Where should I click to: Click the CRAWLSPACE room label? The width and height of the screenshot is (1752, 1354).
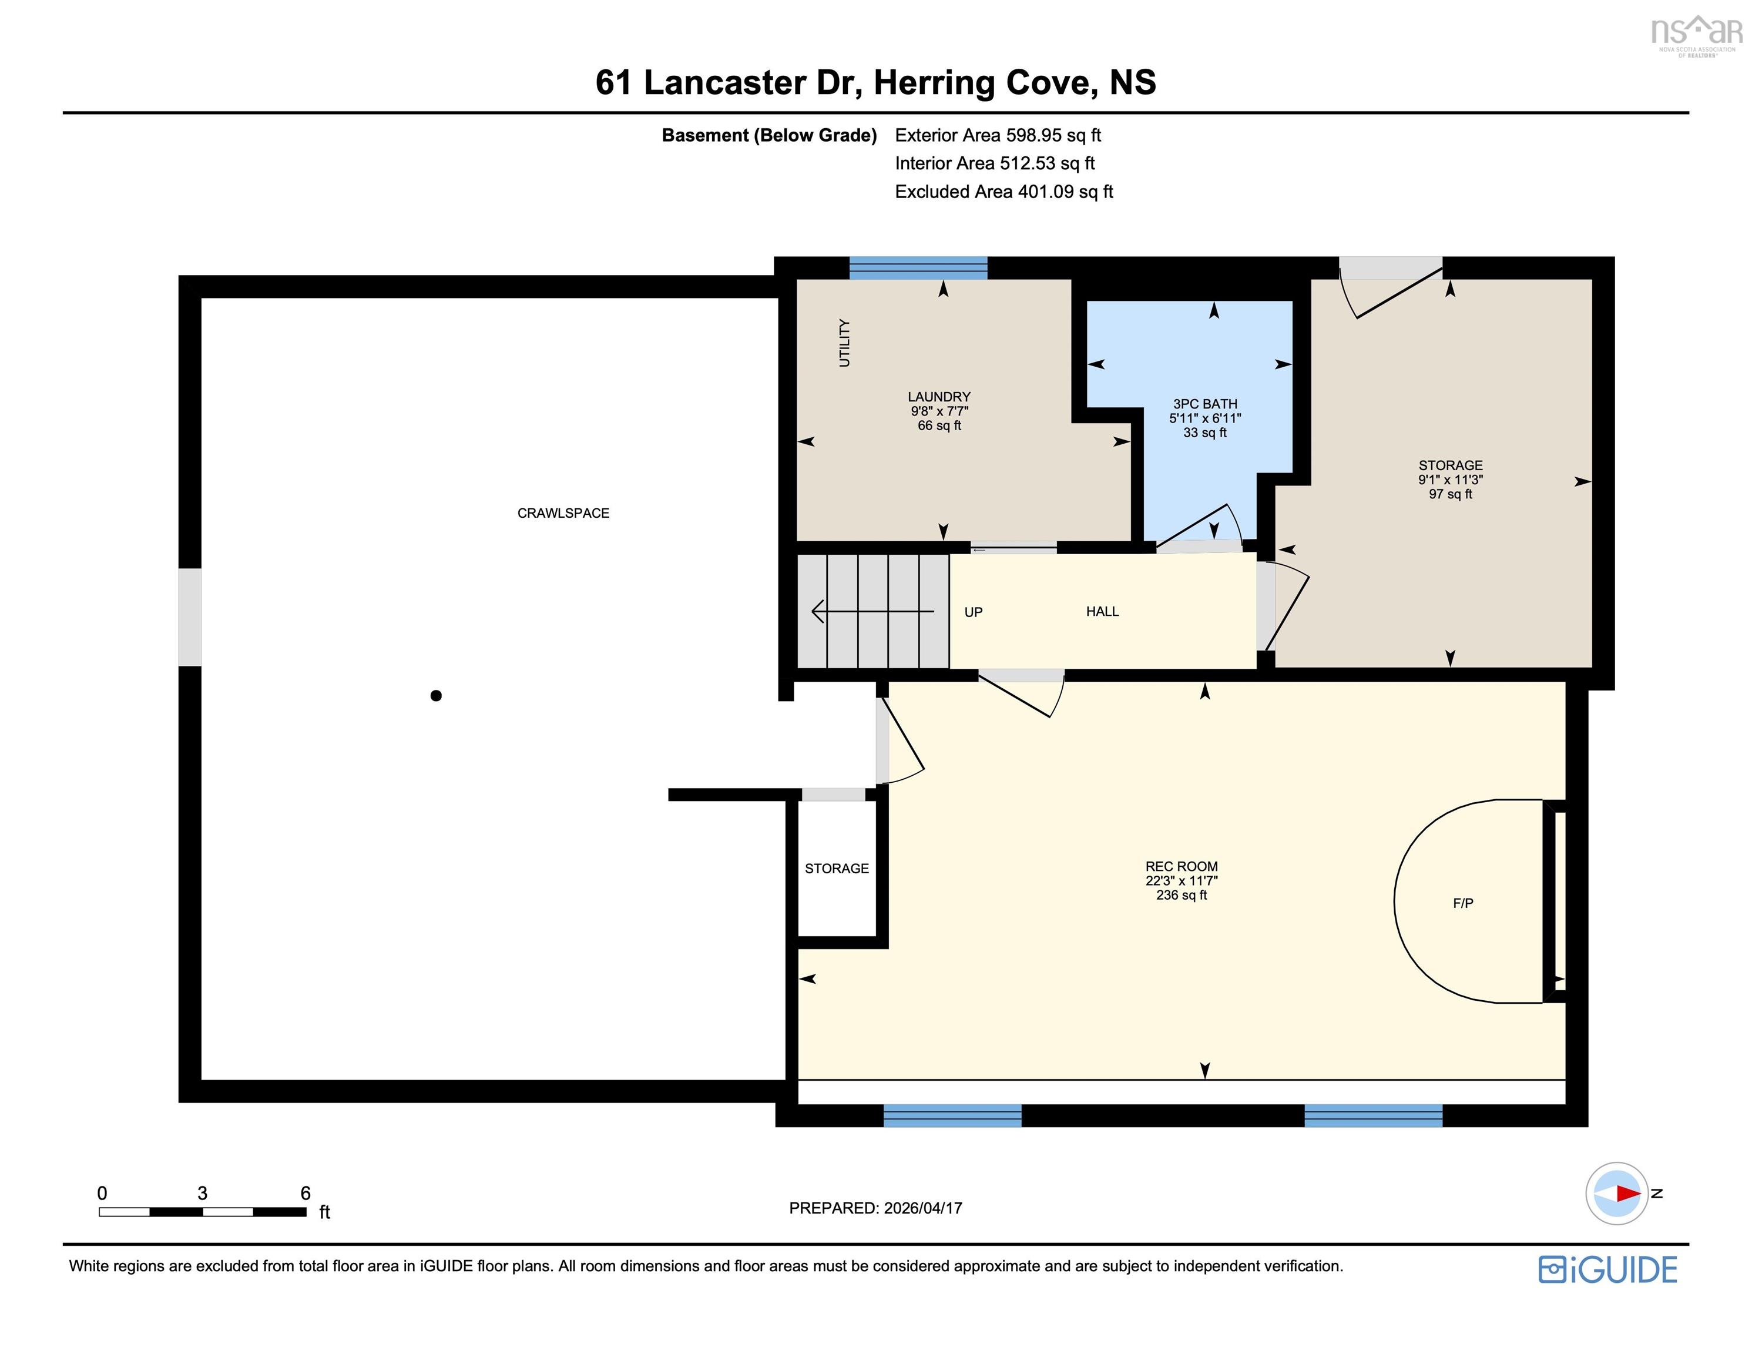pos(563,513)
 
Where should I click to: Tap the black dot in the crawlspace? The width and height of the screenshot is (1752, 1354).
pos(435,696)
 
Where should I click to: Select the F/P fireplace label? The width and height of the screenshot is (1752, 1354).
pos(1462,903)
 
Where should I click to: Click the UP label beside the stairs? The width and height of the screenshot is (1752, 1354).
pos(973,612)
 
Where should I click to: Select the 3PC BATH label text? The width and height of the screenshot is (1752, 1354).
pos(1205,404)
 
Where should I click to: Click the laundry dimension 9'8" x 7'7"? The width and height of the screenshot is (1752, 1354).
pos(939,411)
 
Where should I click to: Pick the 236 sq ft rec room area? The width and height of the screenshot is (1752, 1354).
pos(1181,895)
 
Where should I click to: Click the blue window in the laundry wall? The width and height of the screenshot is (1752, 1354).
pos(918,268)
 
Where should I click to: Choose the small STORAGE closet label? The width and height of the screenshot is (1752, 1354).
pos(837,869)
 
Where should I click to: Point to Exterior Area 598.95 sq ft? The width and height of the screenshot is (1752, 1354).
pos(998,135)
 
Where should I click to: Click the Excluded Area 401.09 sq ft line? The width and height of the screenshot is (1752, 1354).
pos(1003,192)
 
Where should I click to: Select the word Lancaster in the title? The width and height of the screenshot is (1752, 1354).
pos(725,83)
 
